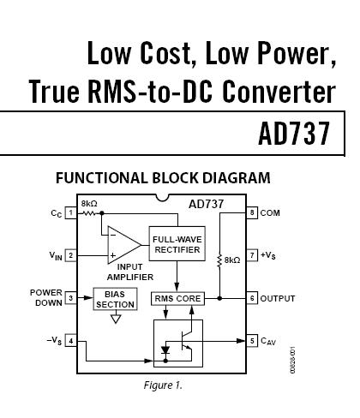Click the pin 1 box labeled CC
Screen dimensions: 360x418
point(71,212)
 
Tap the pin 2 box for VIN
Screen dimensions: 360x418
point(71,255)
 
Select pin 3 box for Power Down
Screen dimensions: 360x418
point(71,298)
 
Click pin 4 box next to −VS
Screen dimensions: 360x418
point(71,341)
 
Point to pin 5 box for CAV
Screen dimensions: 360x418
point(252,341)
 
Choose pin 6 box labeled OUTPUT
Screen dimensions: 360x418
point(252,298)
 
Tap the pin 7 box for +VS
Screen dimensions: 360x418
point(252,255)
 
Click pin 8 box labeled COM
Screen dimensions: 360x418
point(252,212)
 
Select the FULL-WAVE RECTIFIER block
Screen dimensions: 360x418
point(177,243)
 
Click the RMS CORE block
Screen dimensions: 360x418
point(177,299)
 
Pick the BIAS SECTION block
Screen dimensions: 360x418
point(115,299)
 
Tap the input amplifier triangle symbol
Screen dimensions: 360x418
point(123,245)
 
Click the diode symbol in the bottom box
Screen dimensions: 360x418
point(165,350)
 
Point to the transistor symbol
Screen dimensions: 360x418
point(186,340)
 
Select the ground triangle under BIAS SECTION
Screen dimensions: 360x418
point(116,319)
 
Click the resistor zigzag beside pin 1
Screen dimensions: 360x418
point(88,213)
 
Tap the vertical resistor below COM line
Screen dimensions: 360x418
point(219,260)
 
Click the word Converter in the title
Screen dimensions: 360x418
point(279,92)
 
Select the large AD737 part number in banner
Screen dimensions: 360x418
point(294,134)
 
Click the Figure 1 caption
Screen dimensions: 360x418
point(163,385)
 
